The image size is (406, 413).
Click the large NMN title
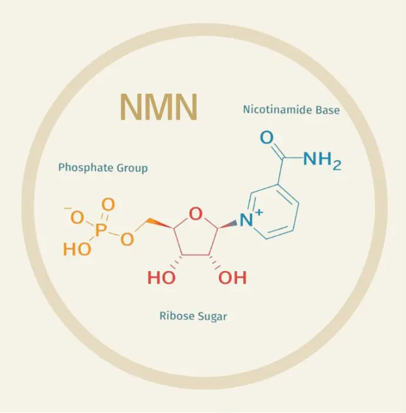(x=158, y=107)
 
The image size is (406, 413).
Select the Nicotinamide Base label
(x=291, y=110)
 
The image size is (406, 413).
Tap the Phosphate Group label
(x=103, y=168)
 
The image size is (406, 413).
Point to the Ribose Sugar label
(x=193, y=316)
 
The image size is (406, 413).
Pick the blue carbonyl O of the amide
(x=267, y=138)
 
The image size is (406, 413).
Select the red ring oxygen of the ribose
(x=196, y=214)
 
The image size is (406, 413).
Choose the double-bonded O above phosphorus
(x=108, y=205)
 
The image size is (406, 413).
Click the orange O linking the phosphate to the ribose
(x=126, y=238)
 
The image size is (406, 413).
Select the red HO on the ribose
(x=161, y=277)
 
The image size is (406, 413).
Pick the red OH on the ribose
(x=232, y=277)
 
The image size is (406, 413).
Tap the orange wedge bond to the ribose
(x=157, y=223)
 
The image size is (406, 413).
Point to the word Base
(x=327, y=110)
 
